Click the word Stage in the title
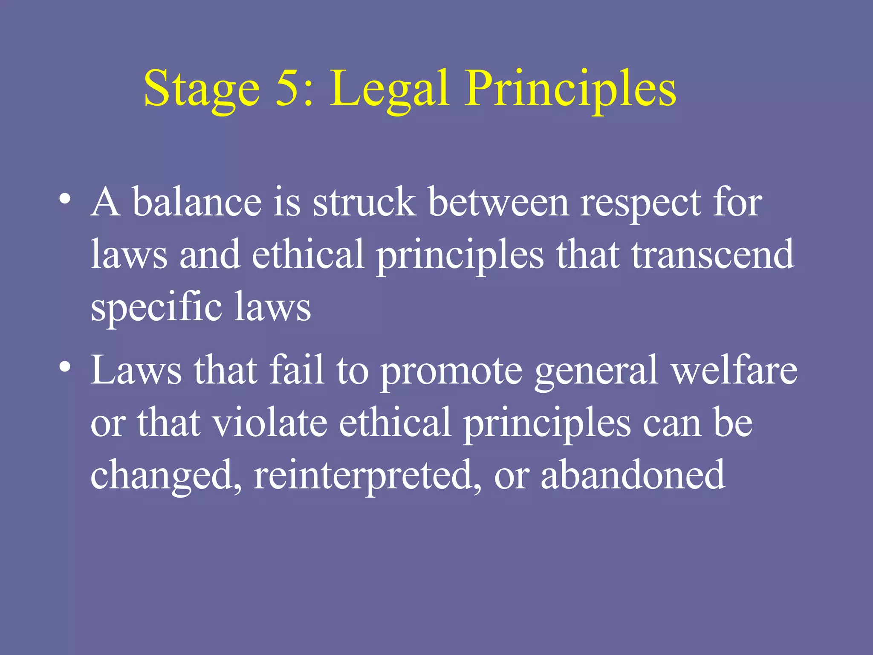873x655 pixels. [x=202, y=90]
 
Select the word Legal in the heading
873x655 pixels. [x=389, y=90]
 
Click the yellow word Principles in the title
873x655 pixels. [x=570, y=90]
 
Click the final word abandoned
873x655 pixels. [x=633, y=474]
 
